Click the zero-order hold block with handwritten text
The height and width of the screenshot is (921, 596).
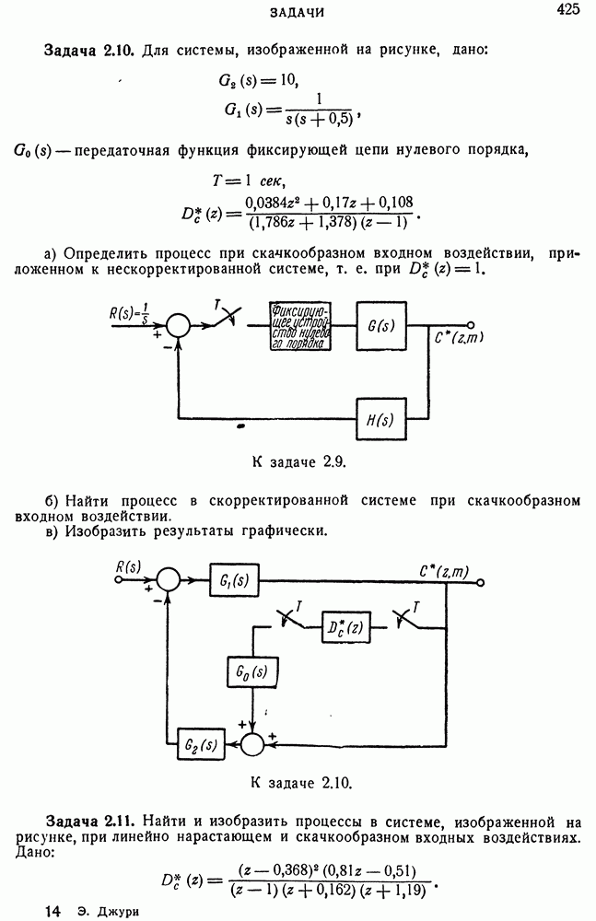click(299, 325)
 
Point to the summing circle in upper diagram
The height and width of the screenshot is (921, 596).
click(177, 324)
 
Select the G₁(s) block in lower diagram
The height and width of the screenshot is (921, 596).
click(234, 580)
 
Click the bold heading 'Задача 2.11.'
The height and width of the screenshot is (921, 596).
click(91, 820)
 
